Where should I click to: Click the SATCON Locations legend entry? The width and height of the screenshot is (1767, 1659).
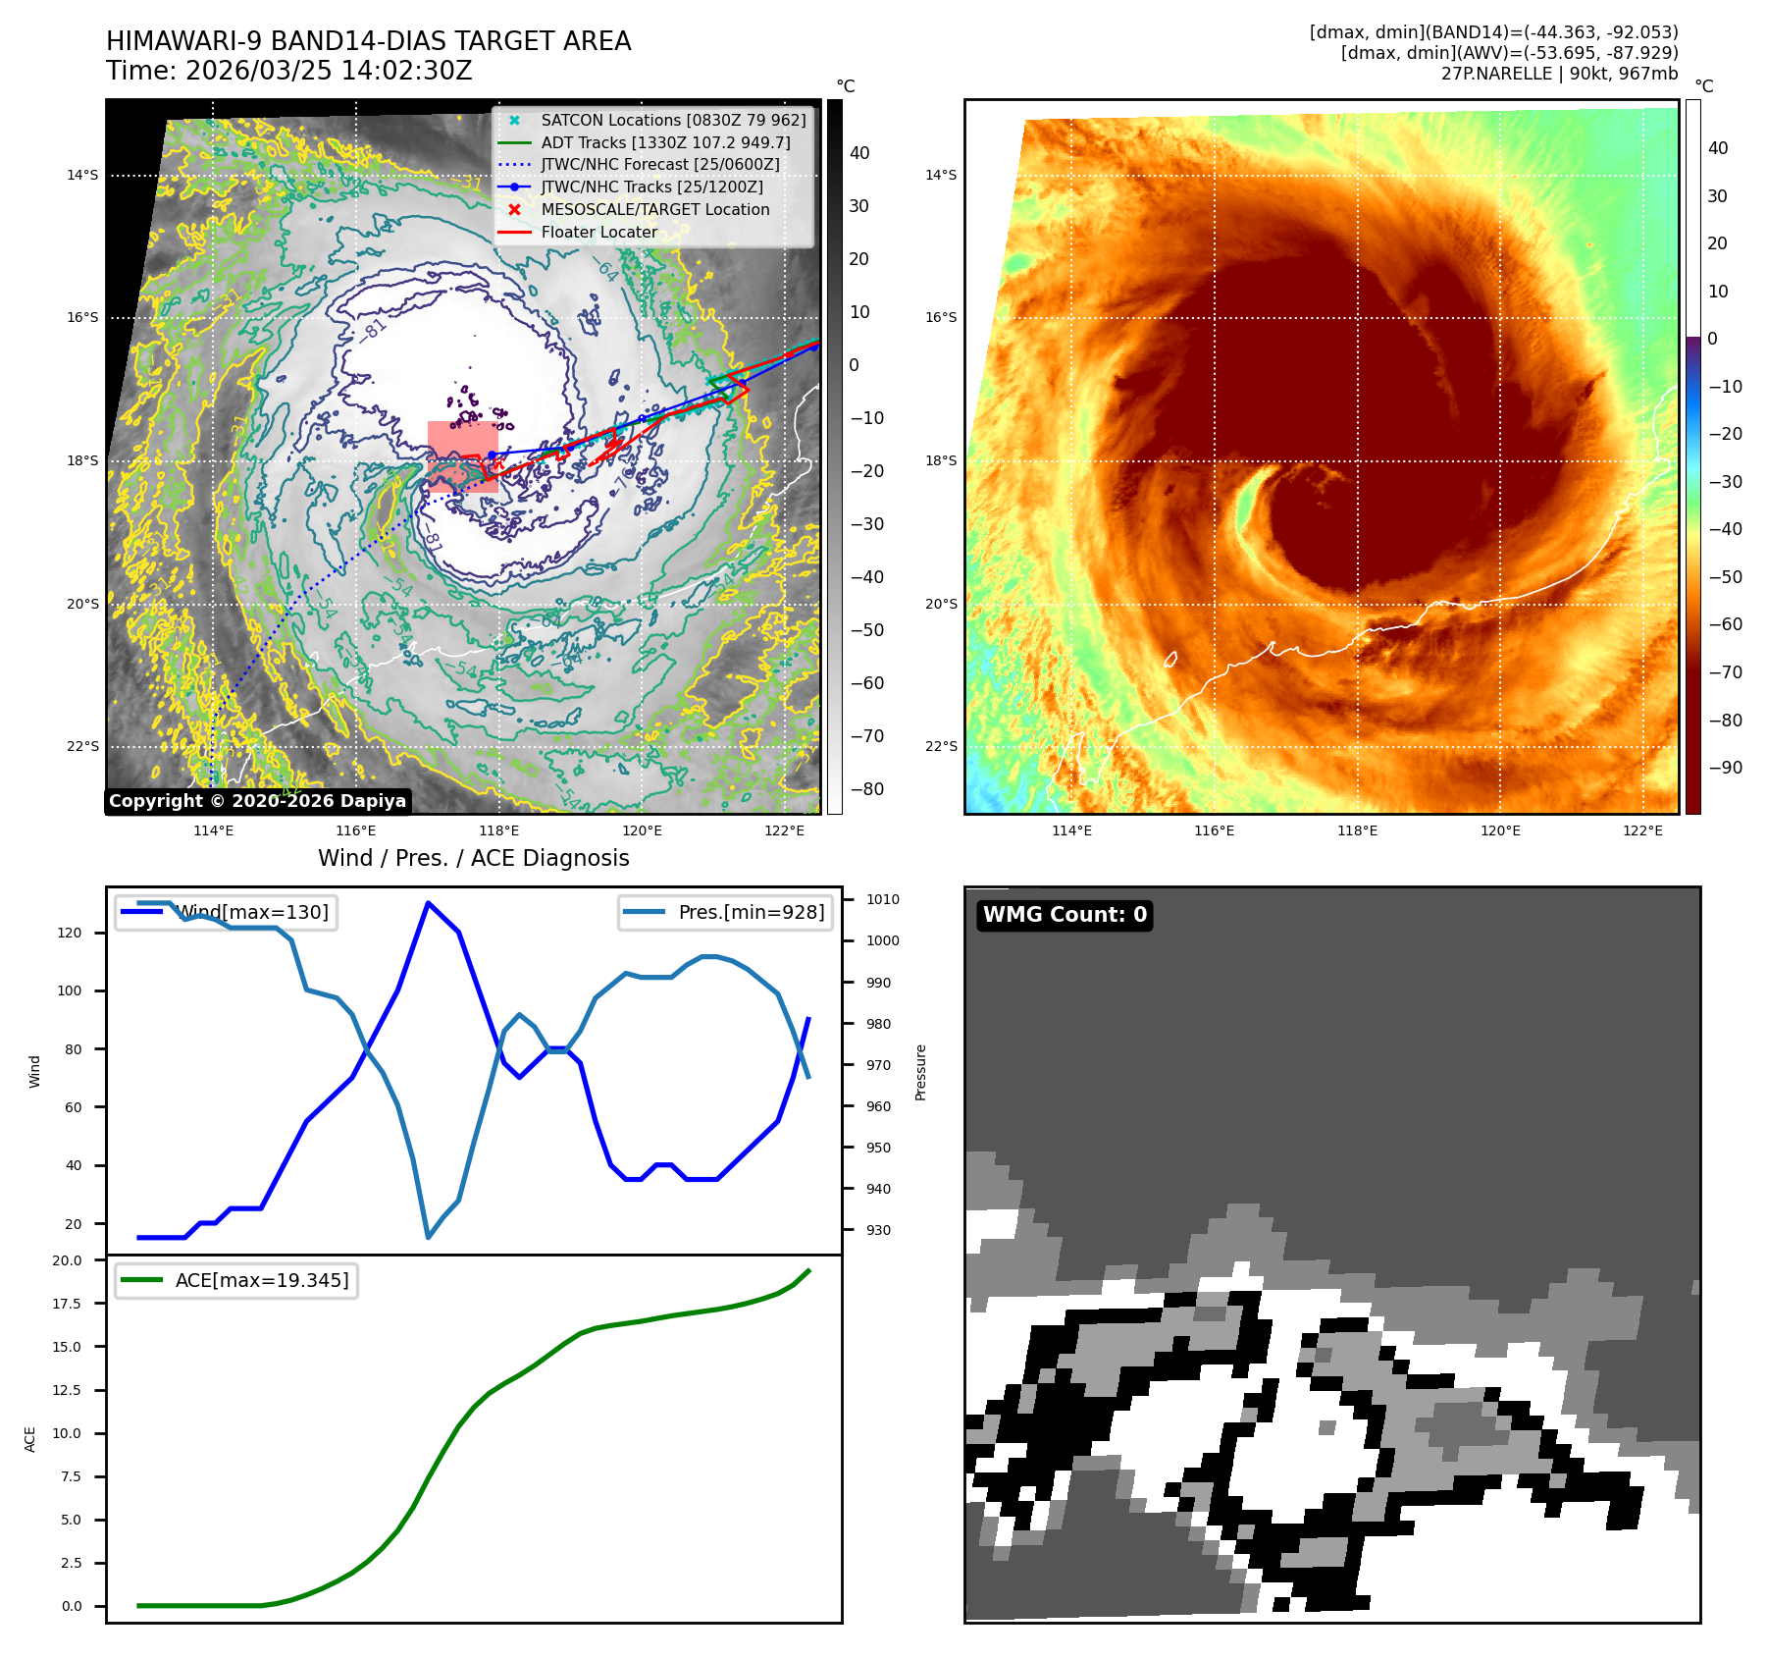click(673, 121)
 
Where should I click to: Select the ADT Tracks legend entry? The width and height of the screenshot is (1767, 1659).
click(665, 143)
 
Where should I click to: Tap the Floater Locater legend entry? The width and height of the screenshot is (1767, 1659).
click(598, 233)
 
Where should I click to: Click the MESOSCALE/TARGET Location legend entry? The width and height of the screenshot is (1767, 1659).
click(654, 210)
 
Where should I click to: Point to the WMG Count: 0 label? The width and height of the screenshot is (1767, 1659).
click(1065, 915)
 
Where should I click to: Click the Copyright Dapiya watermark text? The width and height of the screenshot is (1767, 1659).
click(257, 801)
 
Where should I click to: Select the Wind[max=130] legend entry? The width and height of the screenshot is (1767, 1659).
click(251, 913)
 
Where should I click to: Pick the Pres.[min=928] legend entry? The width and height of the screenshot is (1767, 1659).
click(751, 913)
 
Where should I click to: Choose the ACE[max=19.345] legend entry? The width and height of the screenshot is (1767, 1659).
click(261, 1281)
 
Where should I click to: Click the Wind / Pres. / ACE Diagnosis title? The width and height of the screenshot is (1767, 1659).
click(473, 859)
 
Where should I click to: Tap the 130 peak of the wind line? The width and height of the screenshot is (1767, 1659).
click(428, 903)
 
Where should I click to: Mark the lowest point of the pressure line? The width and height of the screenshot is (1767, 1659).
click(428, 1237)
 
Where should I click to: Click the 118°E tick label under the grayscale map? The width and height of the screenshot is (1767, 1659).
click(499, 831)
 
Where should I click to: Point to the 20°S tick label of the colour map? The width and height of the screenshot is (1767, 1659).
click(941, 605)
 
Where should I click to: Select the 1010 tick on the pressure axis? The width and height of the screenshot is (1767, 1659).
click(882, 900)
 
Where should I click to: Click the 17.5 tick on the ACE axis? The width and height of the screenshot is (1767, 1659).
click(67, 1305)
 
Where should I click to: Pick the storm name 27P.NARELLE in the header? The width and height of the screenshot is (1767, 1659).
click(1496, 74)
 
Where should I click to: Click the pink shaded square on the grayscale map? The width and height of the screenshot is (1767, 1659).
click(462, 455)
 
